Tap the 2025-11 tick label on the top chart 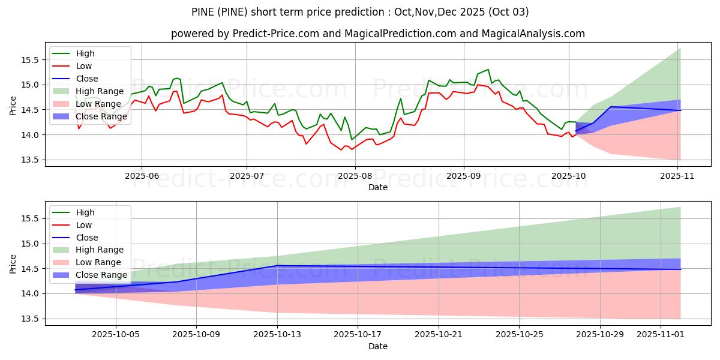click(678, 175)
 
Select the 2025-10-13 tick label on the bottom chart click(277, 334)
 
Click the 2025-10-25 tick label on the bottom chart click(519, 334)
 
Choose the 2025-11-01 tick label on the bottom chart click(660, 334)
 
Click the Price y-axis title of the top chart click(13, 106)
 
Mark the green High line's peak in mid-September click(488, 70)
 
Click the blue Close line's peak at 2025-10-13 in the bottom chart click(277, 266)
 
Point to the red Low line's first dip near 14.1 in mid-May click(79, 128)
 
